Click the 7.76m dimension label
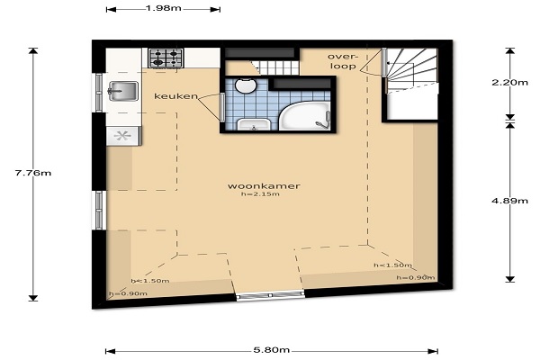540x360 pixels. (x=33, y=173)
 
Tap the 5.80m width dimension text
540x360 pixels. (x=272, y=350)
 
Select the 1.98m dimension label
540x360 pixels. (x=163, y=8)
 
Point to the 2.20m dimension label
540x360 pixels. (x=509, y=82)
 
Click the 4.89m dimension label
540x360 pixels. (x=509, y=201)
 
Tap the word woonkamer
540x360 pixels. (x=264, y=186)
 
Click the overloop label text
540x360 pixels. (x=342, y=61)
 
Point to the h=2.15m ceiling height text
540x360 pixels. (x=260, y=194)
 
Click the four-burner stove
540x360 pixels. (x=166, y=58)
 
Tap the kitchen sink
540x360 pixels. (x=123, y=91)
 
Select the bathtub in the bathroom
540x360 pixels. (x=304, y=116)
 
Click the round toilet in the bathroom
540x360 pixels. (x=246, y=85)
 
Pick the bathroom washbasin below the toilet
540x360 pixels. (x=254, y=124)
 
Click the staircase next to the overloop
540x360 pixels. (x=412, y=70)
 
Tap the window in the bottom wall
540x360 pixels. (x=270, y=295)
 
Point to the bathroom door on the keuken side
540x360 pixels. (x=222, y=107)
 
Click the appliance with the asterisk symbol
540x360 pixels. (x=123, y=136)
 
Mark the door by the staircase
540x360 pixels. (x=384, y=62)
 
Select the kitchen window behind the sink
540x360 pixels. (x=99, y=93)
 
